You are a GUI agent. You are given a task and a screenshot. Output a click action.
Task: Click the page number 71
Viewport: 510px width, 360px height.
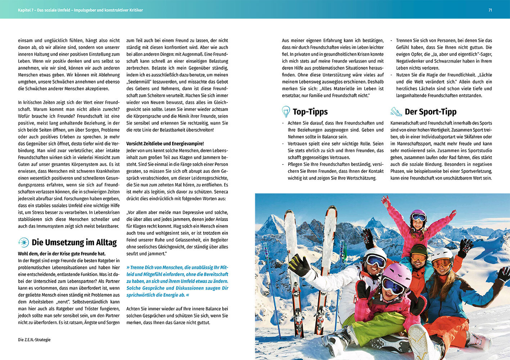(490, 10)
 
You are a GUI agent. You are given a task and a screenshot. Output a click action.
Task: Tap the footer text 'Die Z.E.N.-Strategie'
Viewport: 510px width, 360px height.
(34, 339)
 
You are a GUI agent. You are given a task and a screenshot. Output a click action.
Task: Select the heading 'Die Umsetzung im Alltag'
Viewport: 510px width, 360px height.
(74, 242)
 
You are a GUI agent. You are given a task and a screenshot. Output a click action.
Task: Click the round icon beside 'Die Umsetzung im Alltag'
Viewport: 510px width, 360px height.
(23, 242)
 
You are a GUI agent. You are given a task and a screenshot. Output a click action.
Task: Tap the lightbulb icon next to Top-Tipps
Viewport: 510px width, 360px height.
(286, 112)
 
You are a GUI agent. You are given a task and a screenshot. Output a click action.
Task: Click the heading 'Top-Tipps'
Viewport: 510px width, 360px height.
(310, 112)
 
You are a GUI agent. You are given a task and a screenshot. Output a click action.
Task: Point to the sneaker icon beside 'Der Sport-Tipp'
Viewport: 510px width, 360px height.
(396, 112)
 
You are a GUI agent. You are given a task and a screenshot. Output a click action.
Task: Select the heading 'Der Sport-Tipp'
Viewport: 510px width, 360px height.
(430, 112)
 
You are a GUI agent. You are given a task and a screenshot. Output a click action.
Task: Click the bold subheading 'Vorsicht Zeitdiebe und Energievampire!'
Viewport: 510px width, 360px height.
(165, 144)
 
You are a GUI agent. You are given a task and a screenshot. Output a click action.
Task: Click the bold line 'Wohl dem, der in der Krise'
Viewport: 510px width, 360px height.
(62, 254)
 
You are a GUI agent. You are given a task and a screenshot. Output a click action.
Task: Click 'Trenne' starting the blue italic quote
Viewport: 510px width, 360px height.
(137, 267)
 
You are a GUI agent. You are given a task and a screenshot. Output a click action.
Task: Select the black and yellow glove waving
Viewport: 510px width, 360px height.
(299, 265)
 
